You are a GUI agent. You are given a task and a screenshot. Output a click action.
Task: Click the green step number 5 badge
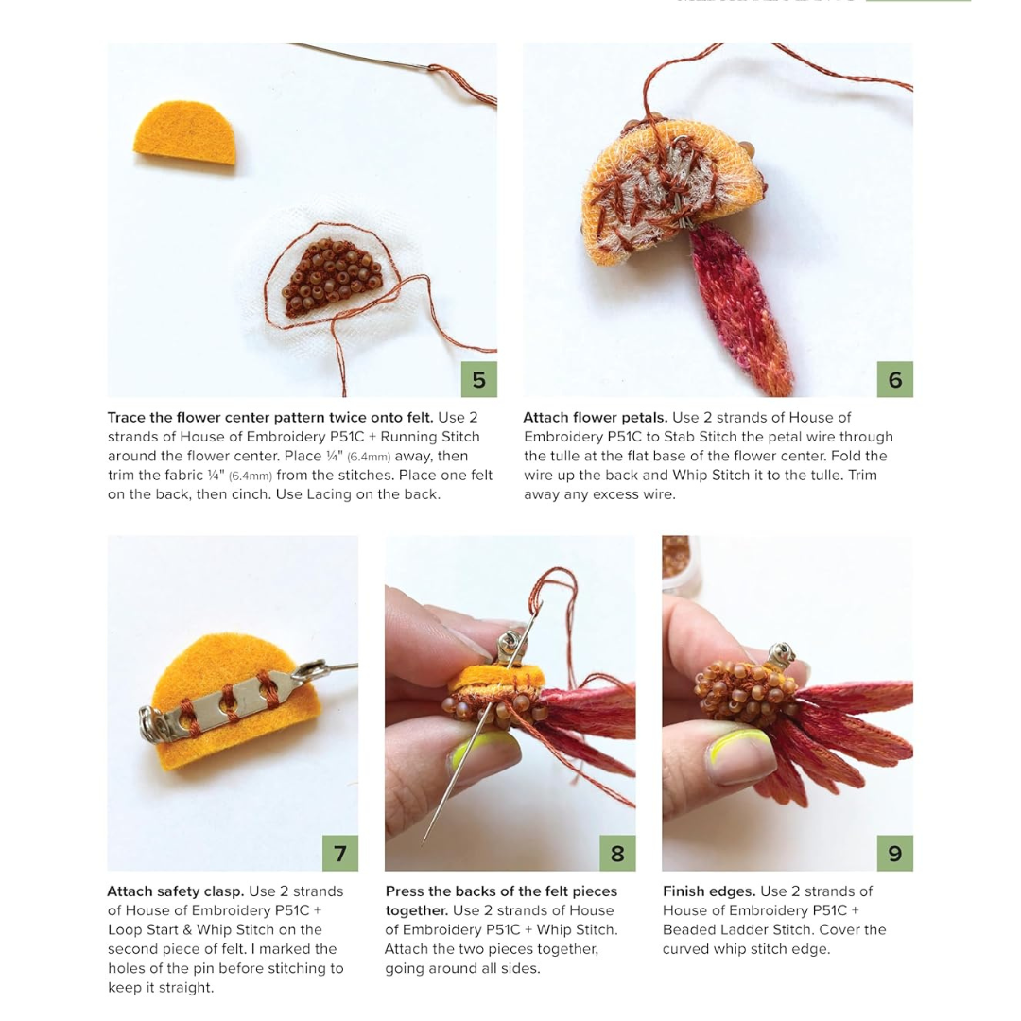(x=478, y=379)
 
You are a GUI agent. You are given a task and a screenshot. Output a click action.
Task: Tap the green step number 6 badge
(x=894, y=379)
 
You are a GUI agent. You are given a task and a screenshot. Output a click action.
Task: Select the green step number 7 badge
(x=340, y=853)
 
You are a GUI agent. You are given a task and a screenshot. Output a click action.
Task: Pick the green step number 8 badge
(x=617, y=853)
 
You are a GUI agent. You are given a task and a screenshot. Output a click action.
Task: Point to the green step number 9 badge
(x=894, y=853)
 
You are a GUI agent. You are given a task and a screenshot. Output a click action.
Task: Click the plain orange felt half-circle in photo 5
(x=185, y=132)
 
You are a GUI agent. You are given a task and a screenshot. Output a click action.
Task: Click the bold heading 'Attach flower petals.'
(x=596, y=418)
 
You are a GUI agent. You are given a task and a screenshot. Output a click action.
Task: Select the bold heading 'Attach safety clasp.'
(x=175, y=891)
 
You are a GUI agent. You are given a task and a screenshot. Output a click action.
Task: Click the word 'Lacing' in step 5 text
(x=330, y=494)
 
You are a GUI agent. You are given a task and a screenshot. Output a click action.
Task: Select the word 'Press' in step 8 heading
(x=405, y=891)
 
